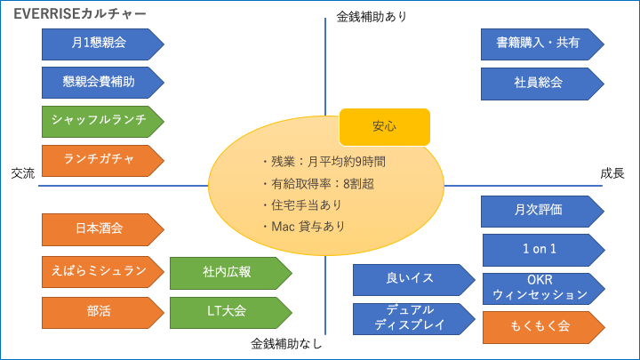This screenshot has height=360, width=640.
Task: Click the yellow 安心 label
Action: coord(385,127)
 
